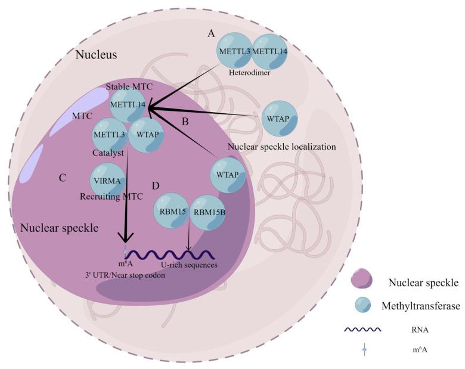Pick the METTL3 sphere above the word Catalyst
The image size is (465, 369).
coord(109,135)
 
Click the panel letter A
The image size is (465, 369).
coord(211,33)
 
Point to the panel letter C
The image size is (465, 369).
coord(62,178)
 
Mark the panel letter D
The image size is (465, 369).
coord(155,186)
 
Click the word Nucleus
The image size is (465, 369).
coord(96,55)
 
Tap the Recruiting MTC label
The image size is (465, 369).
coord(111,196)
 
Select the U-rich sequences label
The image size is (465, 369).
coord(187,264)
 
